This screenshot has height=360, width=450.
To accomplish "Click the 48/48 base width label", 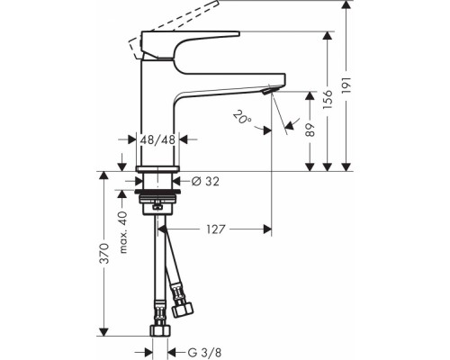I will (x=158, y=140).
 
